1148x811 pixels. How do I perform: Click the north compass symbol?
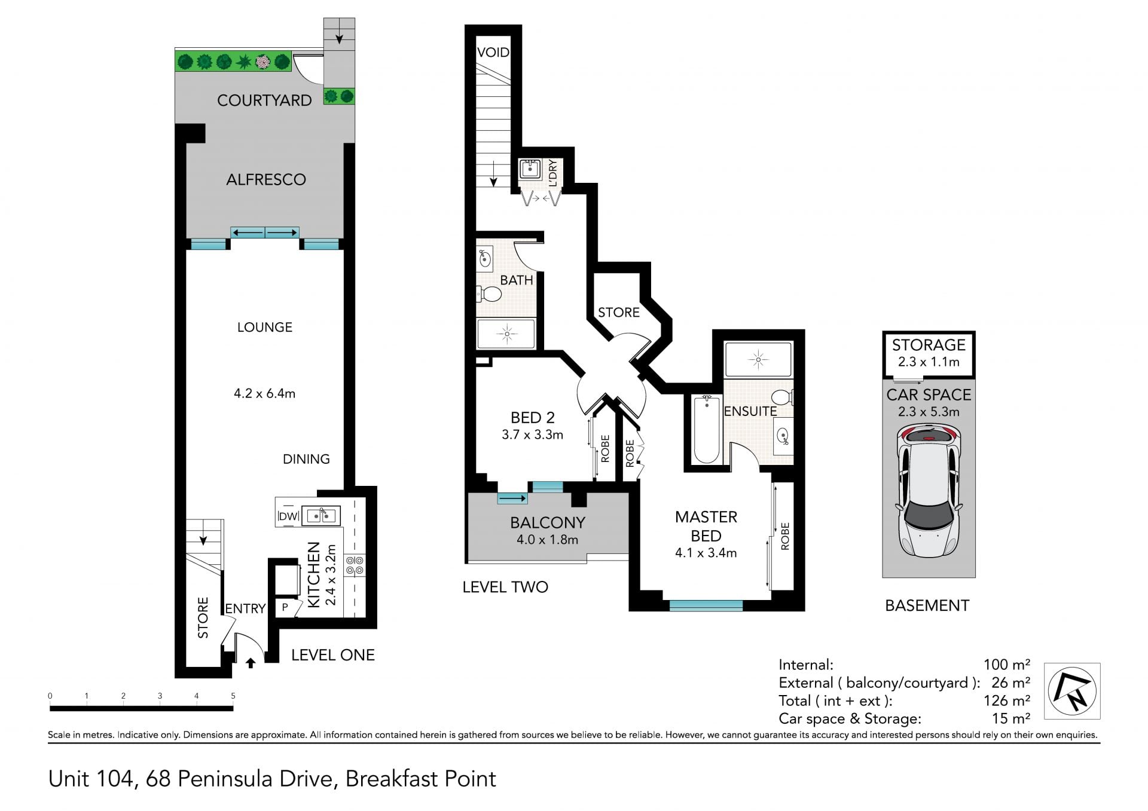1072,691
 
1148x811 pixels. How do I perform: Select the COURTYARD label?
264,100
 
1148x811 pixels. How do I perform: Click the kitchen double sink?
321,515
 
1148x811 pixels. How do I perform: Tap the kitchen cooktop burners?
355,565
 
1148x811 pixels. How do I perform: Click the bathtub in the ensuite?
707,429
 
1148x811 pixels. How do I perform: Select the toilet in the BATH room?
488,294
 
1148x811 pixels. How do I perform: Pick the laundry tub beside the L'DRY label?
530,169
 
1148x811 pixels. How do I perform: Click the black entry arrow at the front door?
251,663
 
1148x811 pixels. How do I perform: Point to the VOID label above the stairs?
493,53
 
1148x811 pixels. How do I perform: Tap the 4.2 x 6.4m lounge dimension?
264,393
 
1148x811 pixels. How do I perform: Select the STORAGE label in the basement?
929,345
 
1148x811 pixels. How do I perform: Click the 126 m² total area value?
1007,700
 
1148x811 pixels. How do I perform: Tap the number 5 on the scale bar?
233,696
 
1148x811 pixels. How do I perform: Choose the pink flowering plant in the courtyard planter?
262,62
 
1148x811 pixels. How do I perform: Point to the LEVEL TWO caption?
505,587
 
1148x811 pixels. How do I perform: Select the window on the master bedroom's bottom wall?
706,605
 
